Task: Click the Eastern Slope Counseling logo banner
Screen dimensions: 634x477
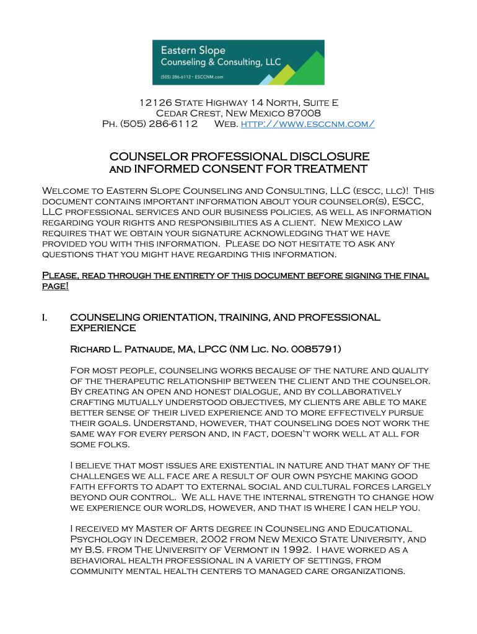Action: (x=238, y=62)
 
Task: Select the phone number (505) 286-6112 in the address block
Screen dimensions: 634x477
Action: (x=158, y=124)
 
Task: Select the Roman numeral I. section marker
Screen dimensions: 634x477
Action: (x=45, y=318)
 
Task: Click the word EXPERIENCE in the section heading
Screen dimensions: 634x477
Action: (x=103, y=328)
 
